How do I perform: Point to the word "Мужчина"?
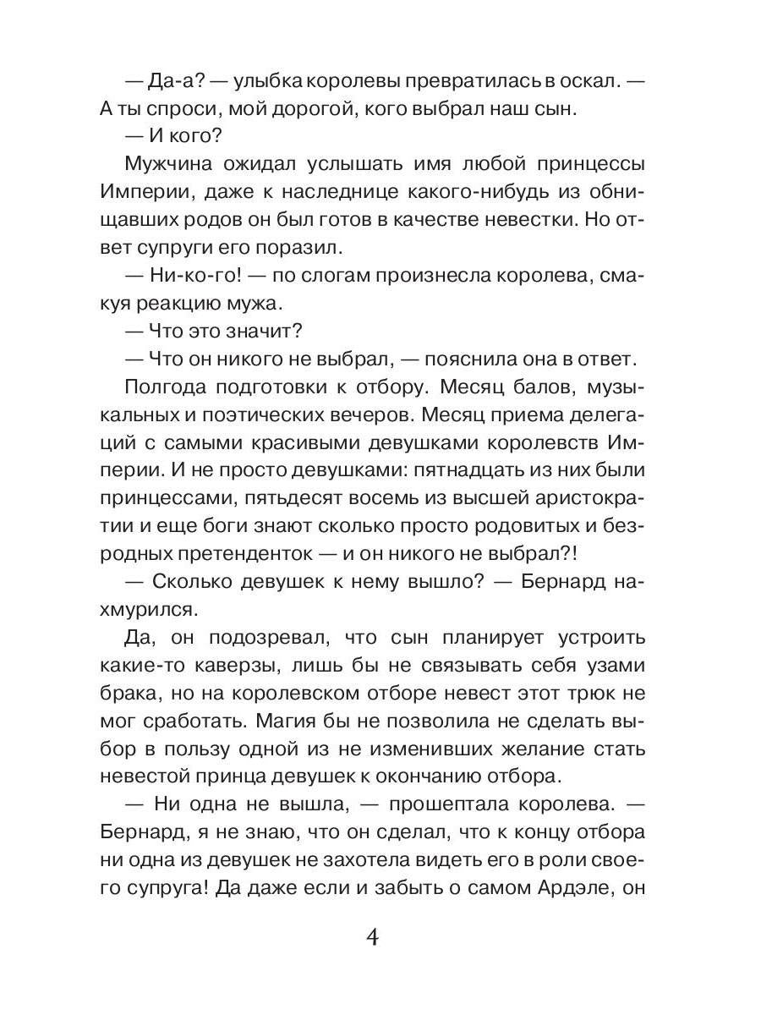(167, 163)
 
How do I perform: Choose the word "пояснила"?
(500, 358)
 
